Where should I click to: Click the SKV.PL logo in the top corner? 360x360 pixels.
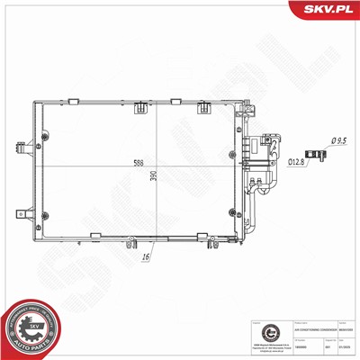click(x=328, y=10)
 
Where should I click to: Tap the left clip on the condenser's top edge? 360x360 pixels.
click(x=141, y=109)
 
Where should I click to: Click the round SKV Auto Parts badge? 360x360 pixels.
click(x=29, y=330)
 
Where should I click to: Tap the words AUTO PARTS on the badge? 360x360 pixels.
click(x=29, y=346)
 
